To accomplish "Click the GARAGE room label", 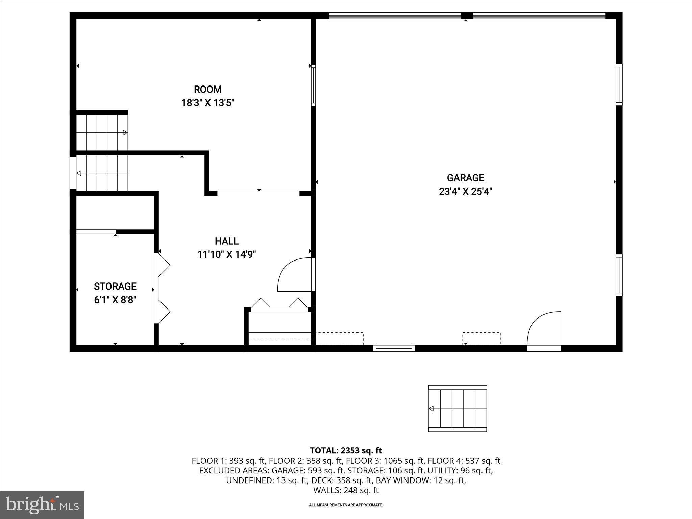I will pyautogui.click(x=465, y=178).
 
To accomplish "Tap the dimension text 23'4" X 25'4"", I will pyautogui.click(x=465, y=192).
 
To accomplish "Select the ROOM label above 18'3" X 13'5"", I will pyautogui.click(x=207, y=89).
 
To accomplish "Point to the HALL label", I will pyautogui.click(x=227, y=241).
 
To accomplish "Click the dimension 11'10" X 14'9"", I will pyautogui.click(x=227, y=254).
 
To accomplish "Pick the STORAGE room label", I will pyautogui.click(x=115, y=286).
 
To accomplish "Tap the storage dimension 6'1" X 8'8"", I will pyautogui.click(x=115, y=300).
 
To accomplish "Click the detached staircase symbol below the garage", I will pyautogui.click(x=458, y=408).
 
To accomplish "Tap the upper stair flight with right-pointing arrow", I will pyautogui.click(x=102, y=132).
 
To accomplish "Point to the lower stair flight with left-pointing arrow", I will pyautogui.click(x=102, y=173).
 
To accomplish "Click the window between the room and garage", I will pyautogui.click(x=313, y=85).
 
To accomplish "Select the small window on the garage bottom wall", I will pyautogui.click(x=394, y=348).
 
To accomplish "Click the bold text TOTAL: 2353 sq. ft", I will pyautogui.click(x=346, y=450).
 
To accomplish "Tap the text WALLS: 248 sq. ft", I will pyautogui.click(x=346, y=490).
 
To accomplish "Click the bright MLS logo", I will pyautogui.click(x=42, y=505).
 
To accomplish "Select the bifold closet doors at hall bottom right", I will pyautogui.click(x=279, y=304).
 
